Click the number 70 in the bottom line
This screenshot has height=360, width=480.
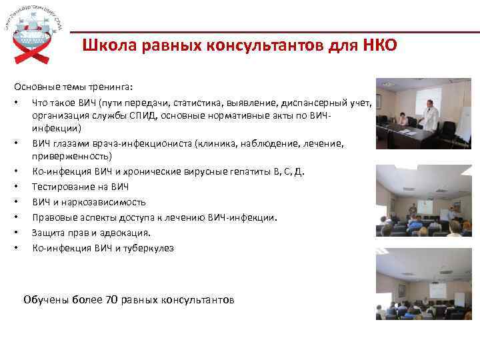point(111,299)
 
